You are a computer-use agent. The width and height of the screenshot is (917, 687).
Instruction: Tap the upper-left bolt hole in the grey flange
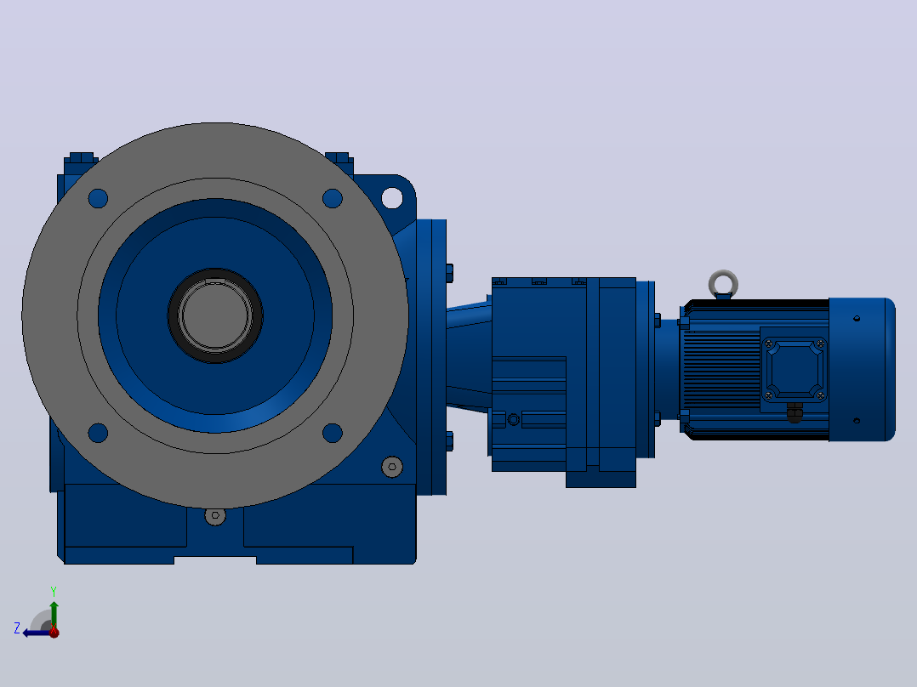(98, 198)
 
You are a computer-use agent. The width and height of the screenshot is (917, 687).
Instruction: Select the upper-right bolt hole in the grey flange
(332, 198)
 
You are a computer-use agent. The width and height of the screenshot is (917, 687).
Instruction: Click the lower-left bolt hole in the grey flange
(98, 434)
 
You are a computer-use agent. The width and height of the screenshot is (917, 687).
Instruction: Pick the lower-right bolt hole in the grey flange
(332, 434)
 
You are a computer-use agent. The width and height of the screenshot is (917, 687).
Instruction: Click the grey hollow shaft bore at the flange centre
(215, 315)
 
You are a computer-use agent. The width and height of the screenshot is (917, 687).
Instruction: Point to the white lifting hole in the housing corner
(392, 197)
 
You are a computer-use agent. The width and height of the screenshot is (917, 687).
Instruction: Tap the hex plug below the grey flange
(215, 516)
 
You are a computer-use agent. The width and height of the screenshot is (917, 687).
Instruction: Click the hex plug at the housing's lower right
(392, 467)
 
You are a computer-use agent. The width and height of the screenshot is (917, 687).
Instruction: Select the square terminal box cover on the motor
(795, 370)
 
